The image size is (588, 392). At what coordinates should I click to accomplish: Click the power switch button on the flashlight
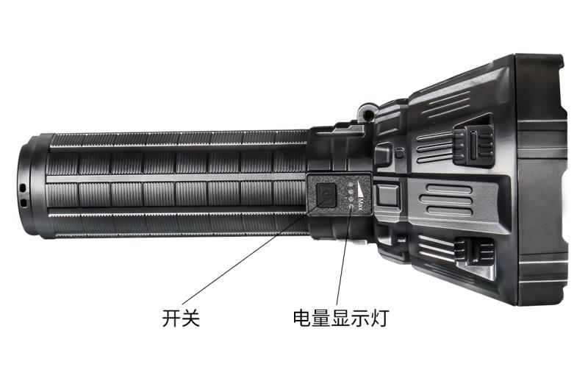326,194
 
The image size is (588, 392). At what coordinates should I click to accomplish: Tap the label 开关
181,318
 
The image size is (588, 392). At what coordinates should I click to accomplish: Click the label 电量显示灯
341,318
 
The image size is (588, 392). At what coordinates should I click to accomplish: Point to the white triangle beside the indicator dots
361,190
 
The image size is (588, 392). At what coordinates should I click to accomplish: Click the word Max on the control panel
361,205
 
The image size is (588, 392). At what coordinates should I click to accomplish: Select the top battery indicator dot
351,185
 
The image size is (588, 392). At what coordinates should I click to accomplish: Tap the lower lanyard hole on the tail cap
24,203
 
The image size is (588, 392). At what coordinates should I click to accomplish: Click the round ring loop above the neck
366,112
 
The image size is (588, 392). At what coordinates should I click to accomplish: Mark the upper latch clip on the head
473,146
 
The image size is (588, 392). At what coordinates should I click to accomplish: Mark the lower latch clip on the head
474,252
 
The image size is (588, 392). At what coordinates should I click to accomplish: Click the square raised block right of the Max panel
387,195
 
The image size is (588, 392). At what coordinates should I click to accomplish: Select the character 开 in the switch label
172,318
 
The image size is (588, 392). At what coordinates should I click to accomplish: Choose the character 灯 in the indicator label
380,318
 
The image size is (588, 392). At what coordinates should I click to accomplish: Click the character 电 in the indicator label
302,318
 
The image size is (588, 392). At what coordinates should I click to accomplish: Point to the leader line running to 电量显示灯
344,254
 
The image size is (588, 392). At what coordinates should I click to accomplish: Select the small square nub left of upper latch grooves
400,153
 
